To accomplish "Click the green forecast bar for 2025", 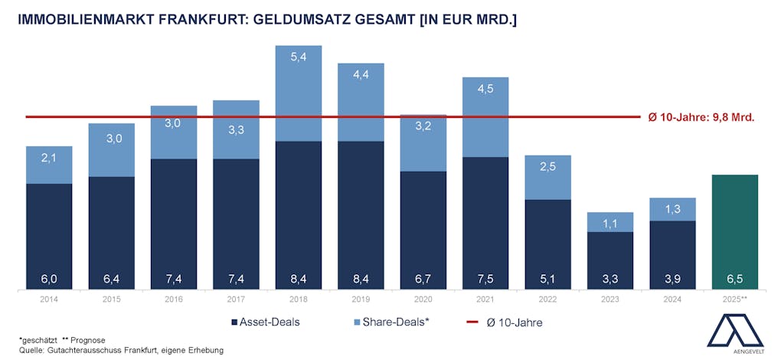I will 735,230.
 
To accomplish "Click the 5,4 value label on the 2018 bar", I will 299,56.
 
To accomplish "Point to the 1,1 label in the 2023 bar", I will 610,224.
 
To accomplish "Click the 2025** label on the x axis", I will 735,299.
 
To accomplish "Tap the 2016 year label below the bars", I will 174,299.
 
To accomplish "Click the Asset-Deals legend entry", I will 264,322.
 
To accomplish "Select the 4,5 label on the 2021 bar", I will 485,87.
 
